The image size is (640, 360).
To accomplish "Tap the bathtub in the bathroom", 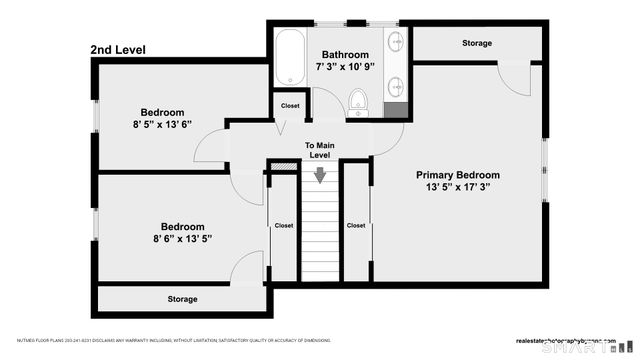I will tap(289, 59).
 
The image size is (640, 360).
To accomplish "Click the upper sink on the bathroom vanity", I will tap(394, 43).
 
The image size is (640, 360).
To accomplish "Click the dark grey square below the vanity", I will tap(396, 108).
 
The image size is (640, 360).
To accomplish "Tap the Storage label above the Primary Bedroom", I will tap(477, 43).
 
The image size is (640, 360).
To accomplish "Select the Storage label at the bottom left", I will tap(182, 299).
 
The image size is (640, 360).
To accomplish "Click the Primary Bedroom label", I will tap(458, 175).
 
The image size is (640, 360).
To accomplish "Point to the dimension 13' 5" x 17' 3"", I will tap(458, 187).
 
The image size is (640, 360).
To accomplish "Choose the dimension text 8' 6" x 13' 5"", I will tap(183, 238).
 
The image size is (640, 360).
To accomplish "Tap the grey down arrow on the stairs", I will tap(320, 176).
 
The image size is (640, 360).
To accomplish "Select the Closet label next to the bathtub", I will tap(290, 105).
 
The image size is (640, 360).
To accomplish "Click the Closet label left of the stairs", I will tap(284, 226).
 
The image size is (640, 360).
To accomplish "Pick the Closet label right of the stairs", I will tap(356, 226).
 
